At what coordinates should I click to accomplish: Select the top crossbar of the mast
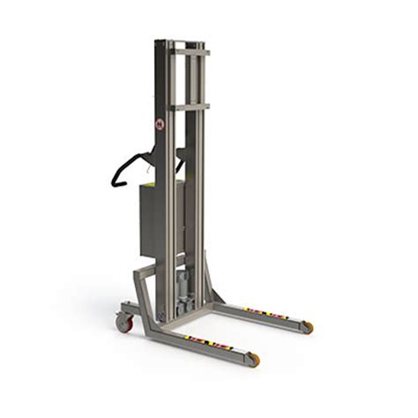190,52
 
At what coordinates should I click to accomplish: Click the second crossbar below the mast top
190,107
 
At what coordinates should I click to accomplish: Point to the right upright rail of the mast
201,176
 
